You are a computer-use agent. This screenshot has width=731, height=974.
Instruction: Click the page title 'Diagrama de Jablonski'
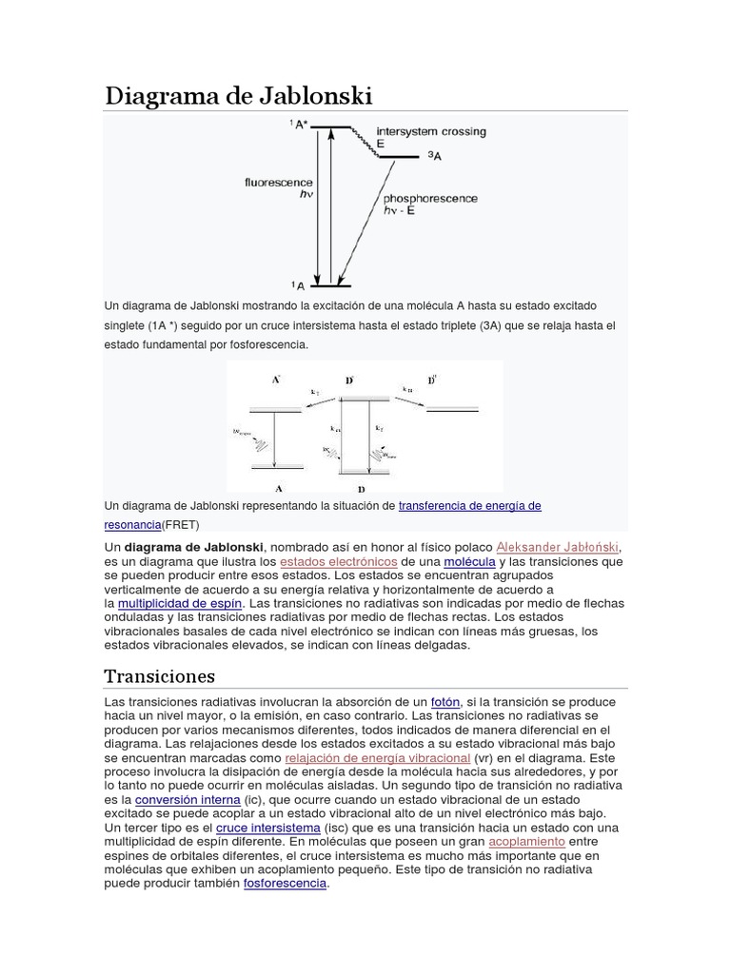(237, 95)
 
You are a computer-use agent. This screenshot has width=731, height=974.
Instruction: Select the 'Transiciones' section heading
(159, 676)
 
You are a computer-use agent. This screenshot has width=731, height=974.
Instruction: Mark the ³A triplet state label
(434, 155)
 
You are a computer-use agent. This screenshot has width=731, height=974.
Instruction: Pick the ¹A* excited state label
(299, 125)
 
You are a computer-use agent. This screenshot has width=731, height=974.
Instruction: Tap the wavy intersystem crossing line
(365, 142)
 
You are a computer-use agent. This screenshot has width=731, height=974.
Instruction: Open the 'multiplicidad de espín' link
(181, 603)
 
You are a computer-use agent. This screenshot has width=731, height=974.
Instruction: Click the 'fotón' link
(445, 701)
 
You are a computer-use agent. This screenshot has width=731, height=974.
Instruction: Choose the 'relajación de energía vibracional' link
(378, 758)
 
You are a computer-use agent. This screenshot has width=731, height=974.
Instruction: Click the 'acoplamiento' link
(526, 842)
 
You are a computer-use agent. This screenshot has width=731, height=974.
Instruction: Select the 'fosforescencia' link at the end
(286, 884)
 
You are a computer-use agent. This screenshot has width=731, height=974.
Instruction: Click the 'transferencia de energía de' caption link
(469, 506)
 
